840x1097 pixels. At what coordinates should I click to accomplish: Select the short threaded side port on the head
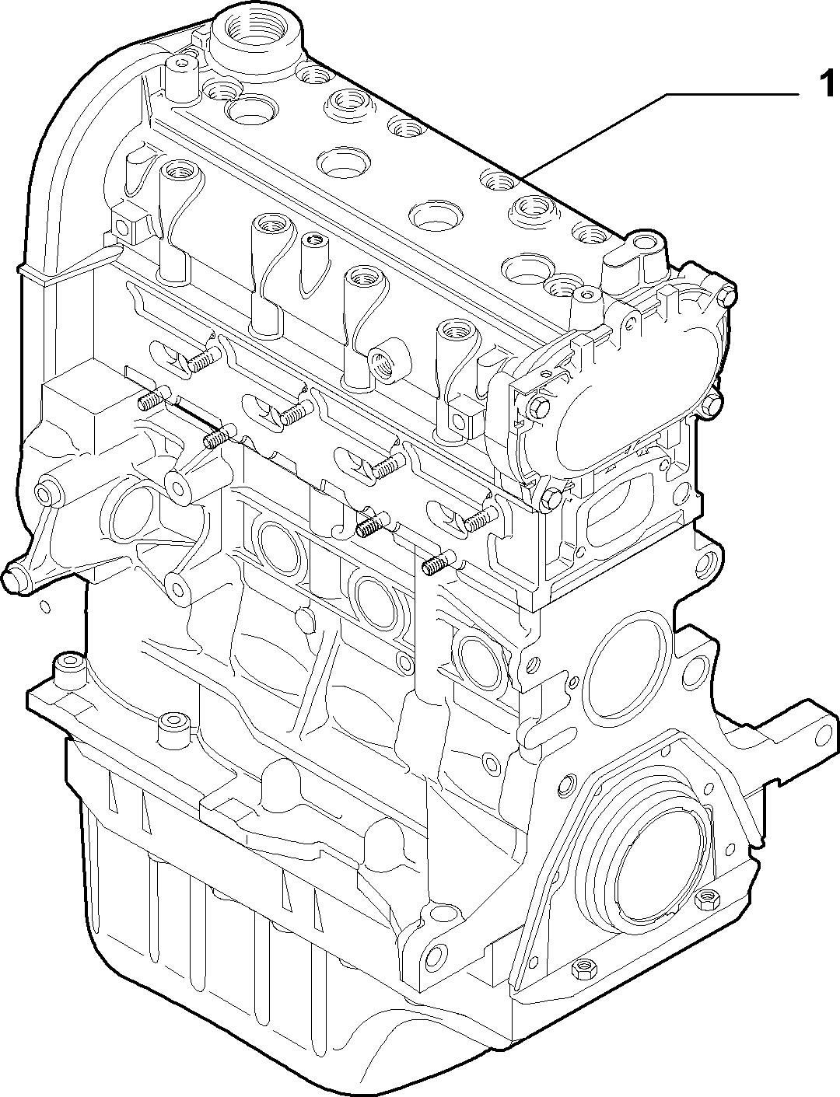(x=389, y=360)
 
